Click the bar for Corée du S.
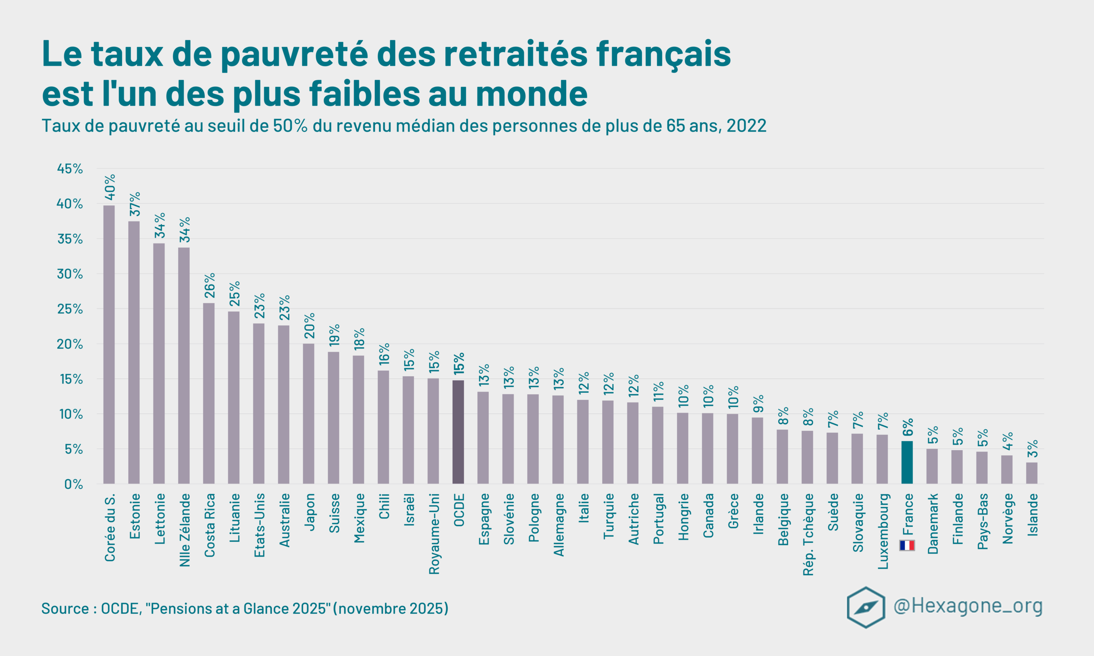coord(109,345)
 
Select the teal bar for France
coord(907,463)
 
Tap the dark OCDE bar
coord(458,432)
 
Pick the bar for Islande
coord(1032,473)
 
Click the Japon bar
coord(309,414)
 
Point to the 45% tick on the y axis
coord(70,168)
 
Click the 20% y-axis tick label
coord(70,344)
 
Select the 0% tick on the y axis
coord(74,484)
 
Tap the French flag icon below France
coord(907,545)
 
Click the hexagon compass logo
coord(865,607)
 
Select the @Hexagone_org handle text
coord(968,606)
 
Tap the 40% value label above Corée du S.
coord(110,187)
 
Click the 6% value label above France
coord(908,428)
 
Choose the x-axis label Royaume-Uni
coord(434,533)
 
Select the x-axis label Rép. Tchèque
coord(809,534)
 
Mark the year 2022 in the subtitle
coord(747,126)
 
